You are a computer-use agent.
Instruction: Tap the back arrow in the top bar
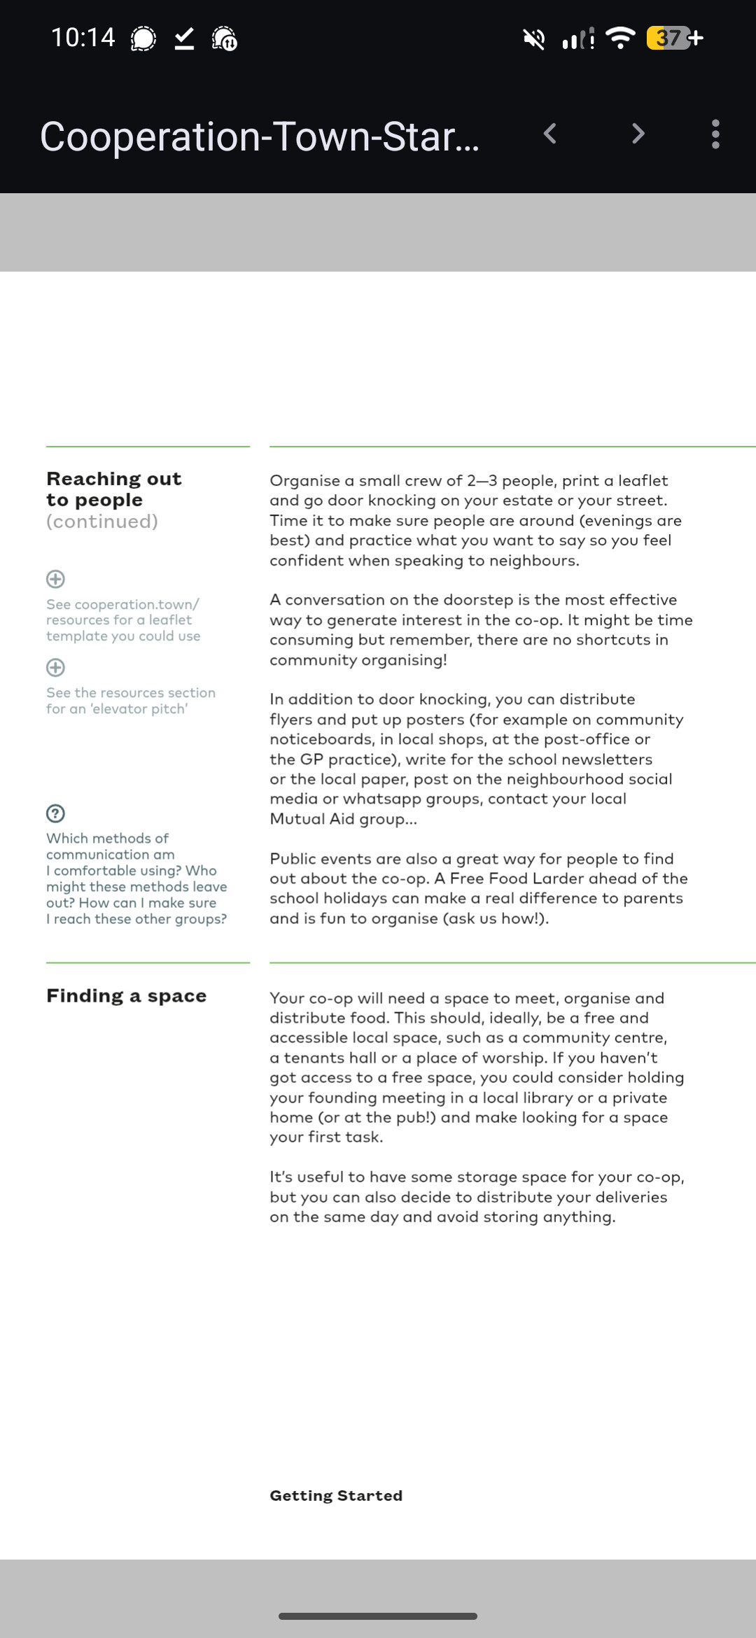(x=550, y=134)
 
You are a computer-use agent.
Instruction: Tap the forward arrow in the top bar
(x=638, y=134)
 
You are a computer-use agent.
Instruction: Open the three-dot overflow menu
(x=715, y=134)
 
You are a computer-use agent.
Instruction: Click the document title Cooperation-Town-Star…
(x=260, y=136)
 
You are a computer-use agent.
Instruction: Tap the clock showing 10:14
(x=83, y=37)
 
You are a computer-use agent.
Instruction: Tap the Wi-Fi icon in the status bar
(x=620, y=38)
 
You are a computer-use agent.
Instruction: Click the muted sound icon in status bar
(x=534, y=38)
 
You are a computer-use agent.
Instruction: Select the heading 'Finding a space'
(x=126, y=995)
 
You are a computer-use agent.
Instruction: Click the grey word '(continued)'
(x=102, y=521)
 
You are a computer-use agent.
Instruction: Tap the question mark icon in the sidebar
(x=55, y=813)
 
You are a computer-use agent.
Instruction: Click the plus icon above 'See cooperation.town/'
(x=55, y=579)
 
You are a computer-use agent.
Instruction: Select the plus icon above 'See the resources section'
(x=55, y=667)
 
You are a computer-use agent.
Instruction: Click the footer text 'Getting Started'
(x=336, y=1495)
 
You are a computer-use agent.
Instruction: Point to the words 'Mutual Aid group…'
(x=343, y=819)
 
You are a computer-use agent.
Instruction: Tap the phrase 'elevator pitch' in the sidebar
(x=139, y=709)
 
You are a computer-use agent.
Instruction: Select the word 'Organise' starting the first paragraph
(x=304, y=481)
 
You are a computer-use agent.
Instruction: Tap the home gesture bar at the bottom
(x=378, y=1616)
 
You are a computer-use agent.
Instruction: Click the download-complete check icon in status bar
(x=184, y=38)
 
